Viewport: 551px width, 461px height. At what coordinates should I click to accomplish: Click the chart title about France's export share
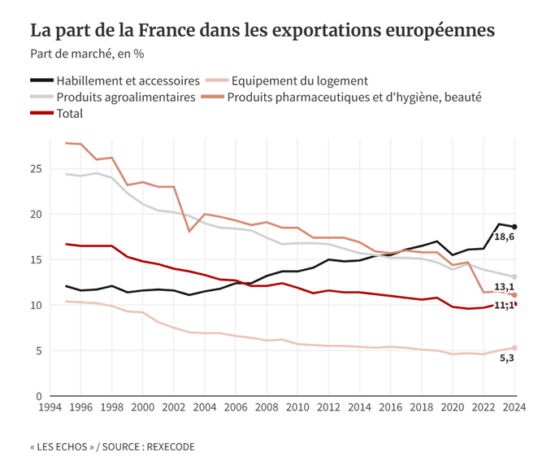pyautogui.click(x=262, y=31)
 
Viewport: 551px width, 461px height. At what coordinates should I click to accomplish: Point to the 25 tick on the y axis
pyautogui.click(x=35, y=169)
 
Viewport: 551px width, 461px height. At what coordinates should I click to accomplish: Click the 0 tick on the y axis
pyautogui.click(x=38, y=396)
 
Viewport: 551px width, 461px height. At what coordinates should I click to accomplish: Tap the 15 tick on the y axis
pyautogui.click(x=35, y=260)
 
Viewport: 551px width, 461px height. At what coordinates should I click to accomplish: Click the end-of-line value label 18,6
pyautogui.click(x=504, y=237)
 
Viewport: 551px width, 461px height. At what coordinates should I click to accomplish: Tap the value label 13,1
pyautogui.click(x=505, y=287)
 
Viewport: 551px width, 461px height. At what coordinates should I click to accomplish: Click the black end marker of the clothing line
pyautogui.click(x=514, y=227)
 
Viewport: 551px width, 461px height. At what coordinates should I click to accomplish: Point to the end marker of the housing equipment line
pyautogui.click(x=514, y=348)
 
